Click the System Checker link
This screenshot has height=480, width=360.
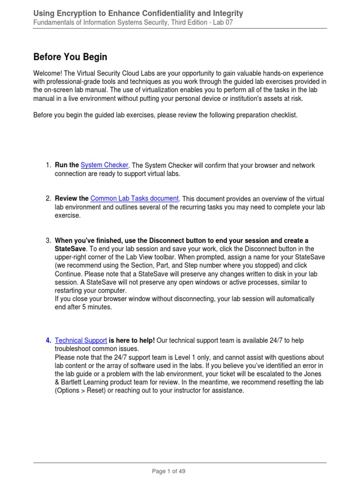105,165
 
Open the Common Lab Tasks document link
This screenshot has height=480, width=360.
135,198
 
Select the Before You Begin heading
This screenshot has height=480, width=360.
70,57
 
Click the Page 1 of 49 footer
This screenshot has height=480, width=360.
172,471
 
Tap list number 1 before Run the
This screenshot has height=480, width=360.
48,165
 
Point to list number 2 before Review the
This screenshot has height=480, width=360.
48,198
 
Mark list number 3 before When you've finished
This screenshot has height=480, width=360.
48,240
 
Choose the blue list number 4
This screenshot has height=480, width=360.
48,340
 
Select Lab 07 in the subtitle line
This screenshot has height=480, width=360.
223,22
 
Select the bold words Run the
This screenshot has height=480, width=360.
67,165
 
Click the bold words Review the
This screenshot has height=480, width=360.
72,198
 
